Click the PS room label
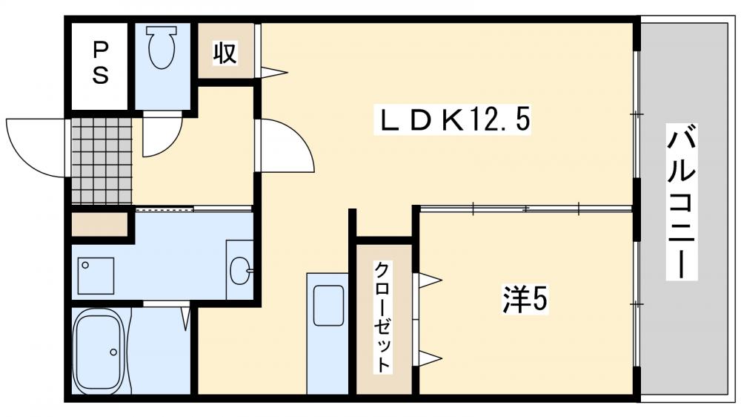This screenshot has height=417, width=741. (100, 62)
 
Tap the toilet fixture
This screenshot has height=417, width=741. (162, 48)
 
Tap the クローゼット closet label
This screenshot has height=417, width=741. (382, 317)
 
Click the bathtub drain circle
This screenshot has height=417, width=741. (113, 352)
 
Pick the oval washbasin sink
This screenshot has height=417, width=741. (241, 270)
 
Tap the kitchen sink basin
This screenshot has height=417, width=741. (328, 305)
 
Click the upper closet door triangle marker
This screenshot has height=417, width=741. (430, 281)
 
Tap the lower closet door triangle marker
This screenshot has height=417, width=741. (430, 358)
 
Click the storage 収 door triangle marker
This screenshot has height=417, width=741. (273, 72)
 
